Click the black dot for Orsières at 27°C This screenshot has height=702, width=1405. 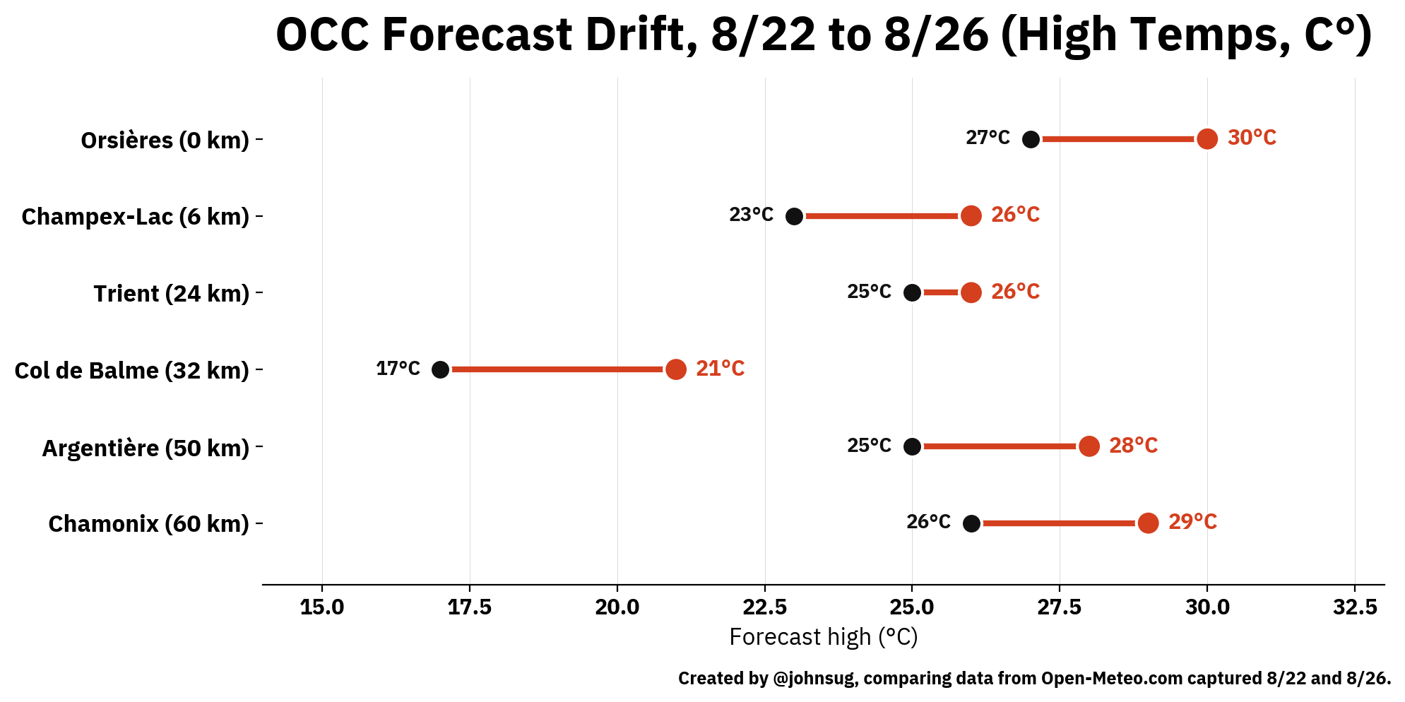point(1031,139)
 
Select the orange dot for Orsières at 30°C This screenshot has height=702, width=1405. point(1207,139)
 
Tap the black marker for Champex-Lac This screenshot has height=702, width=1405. point(795,216)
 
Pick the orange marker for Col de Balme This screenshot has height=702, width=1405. point(676,369)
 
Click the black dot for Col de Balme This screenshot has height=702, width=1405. point(440,369)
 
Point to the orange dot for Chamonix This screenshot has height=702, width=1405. point(1148,523)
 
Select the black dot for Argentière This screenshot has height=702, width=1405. point(912,446)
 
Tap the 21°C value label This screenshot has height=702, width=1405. point(720,369)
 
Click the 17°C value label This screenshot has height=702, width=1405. point(398,369)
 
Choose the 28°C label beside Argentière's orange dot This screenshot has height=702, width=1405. point(1133,446)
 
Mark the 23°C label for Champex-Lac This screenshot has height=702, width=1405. point(751,215)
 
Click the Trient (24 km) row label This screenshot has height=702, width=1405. point(172,293)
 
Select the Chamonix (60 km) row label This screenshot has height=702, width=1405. point(149,524)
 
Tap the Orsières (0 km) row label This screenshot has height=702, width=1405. point(165,140)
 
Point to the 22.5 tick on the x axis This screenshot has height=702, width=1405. point(765,607)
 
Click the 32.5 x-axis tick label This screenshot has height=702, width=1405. point(1355,607)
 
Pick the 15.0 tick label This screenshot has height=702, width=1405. point(322,607)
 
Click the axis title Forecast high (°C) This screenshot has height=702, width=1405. point(824,637)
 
